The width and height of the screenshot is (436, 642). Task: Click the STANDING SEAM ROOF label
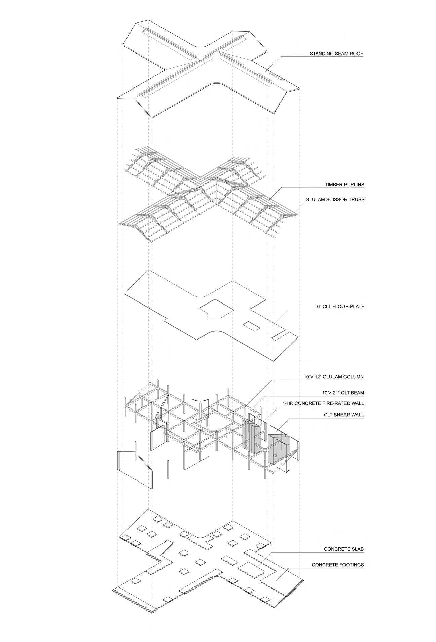click(336, 53)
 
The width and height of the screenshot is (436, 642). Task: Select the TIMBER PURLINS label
click(344, 185)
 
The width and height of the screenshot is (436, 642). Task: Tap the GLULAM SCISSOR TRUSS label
click(335, 199)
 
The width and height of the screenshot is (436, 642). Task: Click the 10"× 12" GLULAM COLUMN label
click(333, 377)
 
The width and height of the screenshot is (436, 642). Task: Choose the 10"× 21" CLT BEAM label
click(342, 393)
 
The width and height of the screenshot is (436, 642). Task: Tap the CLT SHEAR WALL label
click(344, 415)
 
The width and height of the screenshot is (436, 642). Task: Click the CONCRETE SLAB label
click(344, 549)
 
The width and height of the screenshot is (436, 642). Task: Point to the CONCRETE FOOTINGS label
click(337, 565)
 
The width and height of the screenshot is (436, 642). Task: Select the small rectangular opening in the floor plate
click(252, 325)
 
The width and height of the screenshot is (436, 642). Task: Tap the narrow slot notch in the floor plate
click(281, 336)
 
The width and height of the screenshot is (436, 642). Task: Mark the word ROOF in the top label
click(357, 53)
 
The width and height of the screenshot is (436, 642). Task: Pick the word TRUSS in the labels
click(357, 199)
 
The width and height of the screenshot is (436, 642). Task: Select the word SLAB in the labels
click(357, 549)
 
